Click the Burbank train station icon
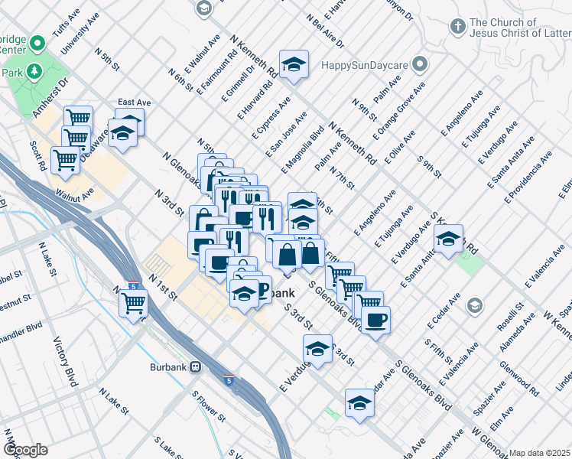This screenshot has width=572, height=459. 196,366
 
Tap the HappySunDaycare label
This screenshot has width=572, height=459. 366,64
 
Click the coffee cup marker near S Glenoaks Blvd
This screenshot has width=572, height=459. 375,320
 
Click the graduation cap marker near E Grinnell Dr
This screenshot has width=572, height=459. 293,66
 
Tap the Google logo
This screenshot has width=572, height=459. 25,450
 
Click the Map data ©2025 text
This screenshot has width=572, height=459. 540,453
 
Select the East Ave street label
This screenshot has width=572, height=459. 133,102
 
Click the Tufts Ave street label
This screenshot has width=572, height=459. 66,24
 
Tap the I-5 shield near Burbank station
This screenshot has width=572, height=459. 229,379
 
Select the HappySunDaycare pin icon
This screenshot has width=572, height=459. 420,64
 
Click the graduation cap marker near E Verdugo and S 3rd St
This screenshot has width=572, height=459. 317,349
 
